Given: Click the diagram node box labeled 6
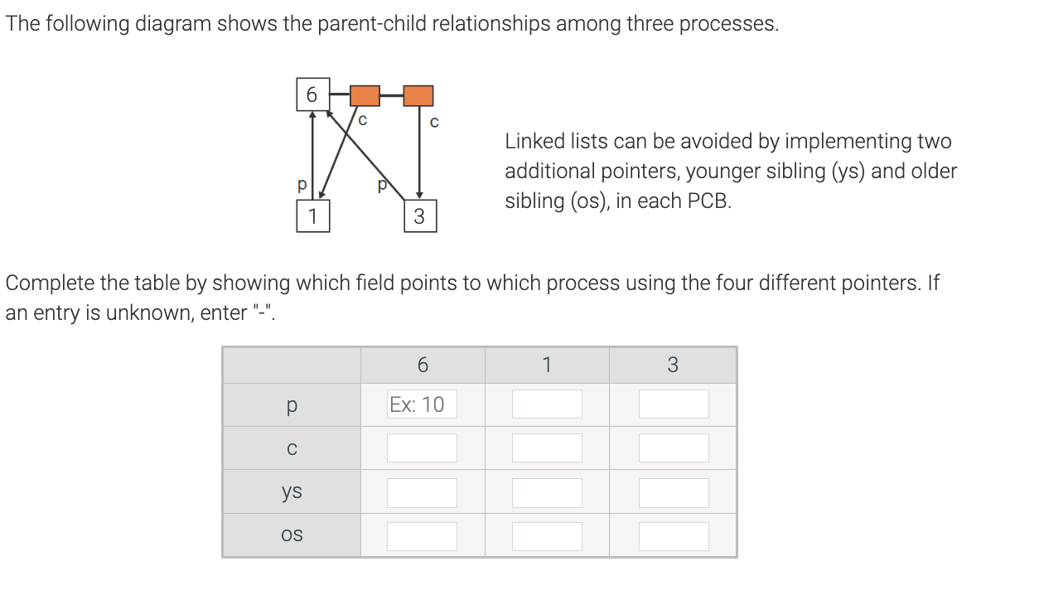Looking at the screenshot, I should click(x=312, y=95).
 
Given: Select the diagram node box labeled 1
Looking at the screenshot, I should click(x=312, y=216).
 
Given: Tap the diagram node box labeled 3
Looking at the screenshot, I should click(x=418, y=217).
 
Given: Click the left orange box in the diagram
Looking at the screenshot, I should click(x=365, y=95).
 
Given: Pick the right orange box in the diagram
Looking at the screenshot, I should click(x=418, y=95).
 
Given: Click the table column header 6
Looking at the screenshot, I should click(x=423, y=365).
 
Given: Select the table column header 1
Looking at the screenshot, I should click(x=547, y=365).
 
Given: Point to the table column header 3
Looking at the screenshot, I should click(x=672, y=365).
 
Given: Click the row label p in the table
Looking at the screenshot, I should click(x=291, y=404).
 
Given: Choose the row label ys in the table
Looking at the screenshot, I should click(x=291, y=491).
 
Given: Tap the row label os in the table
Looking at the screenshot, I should click(x=291, y=535).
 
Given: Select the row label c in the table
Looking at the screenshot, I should click(x=291, y=448).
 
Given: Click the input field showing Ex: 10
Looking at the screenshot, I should click(x=422, y=404).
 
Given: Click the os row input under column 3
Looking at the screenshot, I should click(x=674, y=536).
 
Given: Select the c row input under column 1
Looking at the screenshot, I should click(x=547, y=448).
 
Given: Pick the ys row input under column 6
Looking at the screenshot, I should click(x=422, y=492).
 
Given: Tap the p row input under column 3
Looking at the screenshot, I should click(x=674, y=404).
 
